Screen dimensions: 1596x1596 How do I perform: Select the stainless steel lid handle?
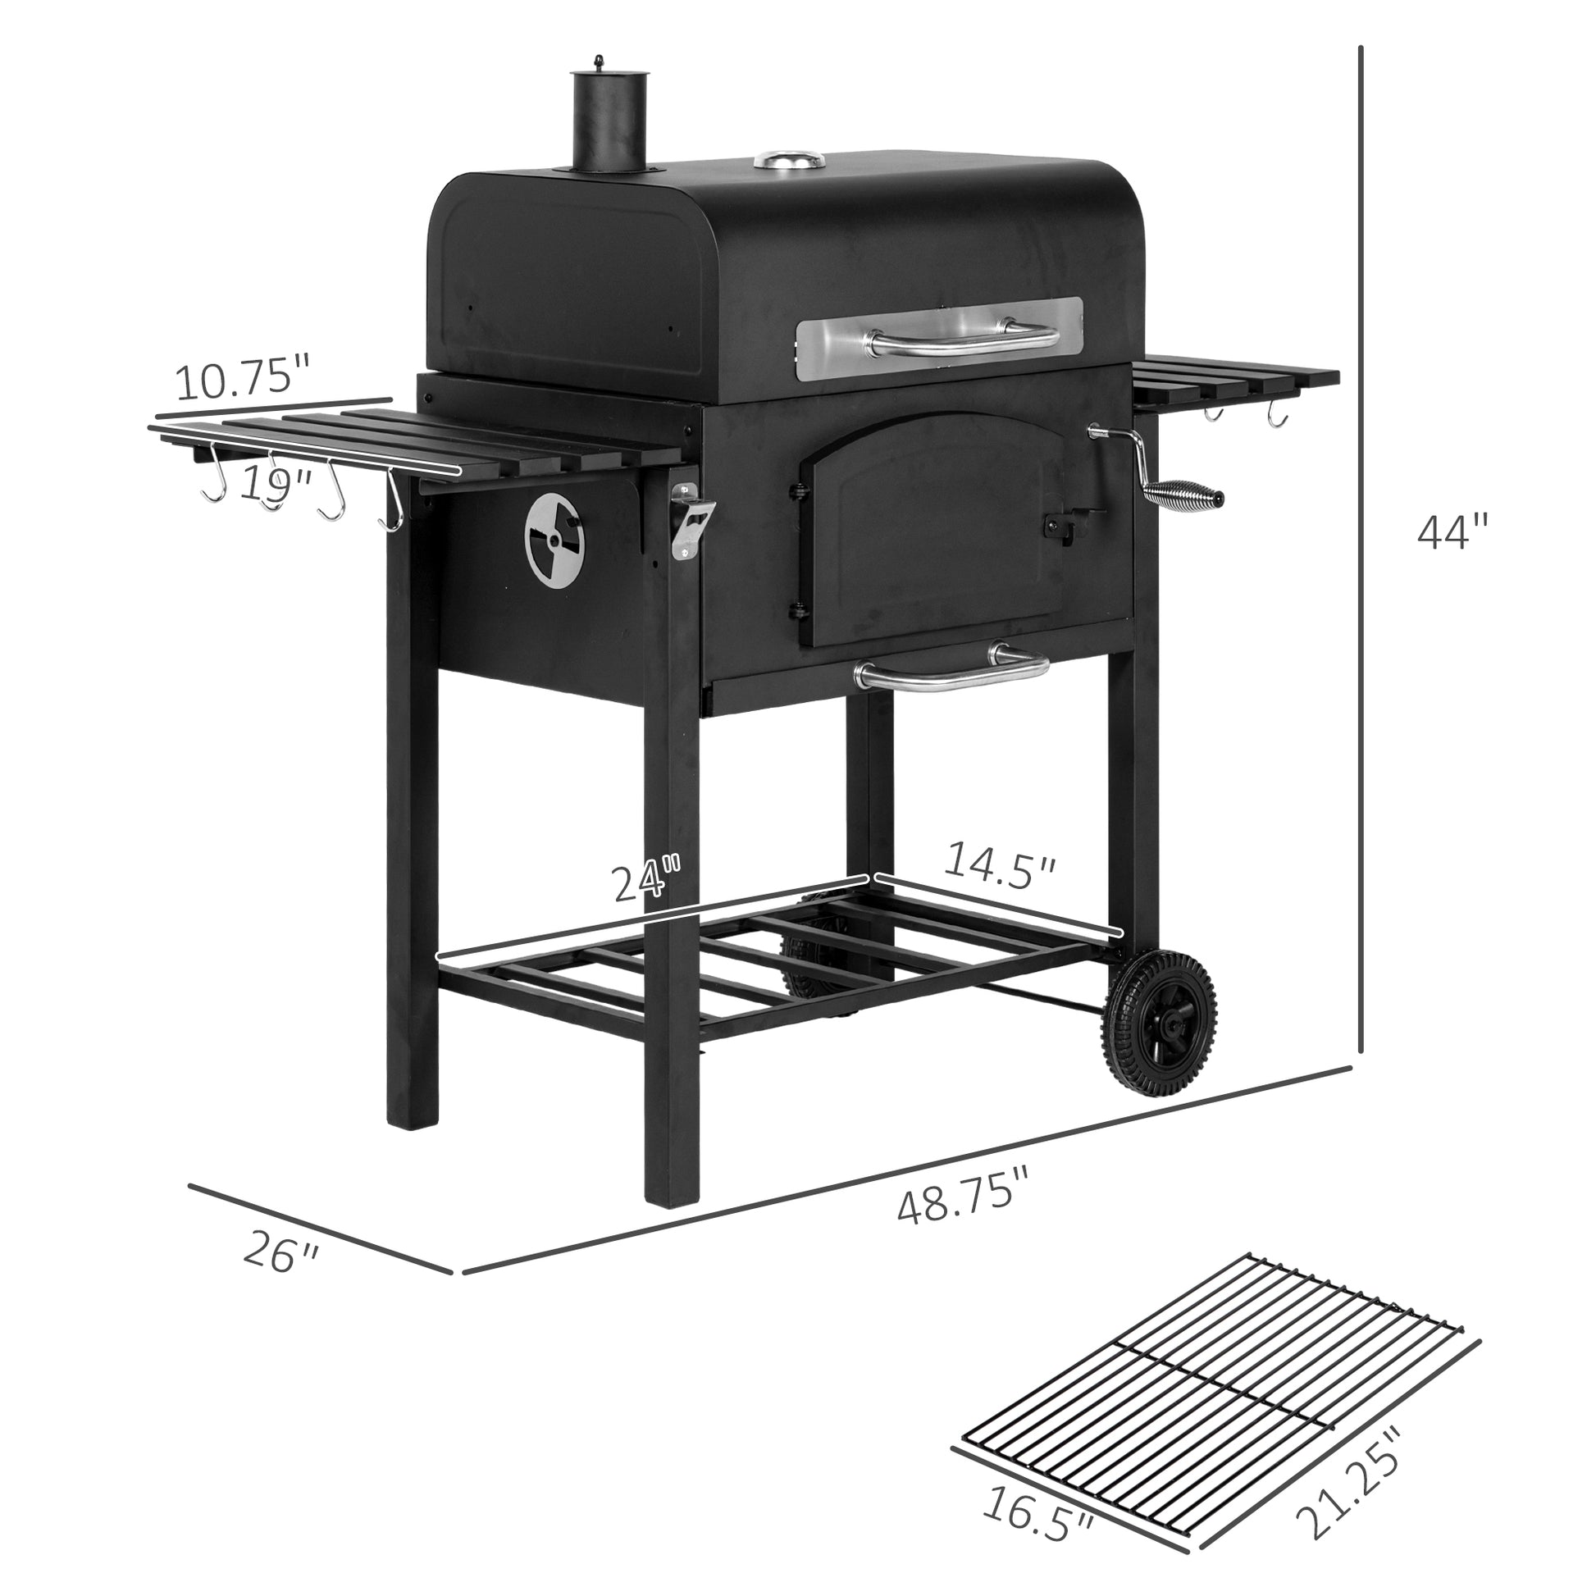click(x=963, y=339)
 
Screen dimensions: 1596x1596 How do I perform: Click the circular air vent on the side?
click(x=554, y=541)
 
